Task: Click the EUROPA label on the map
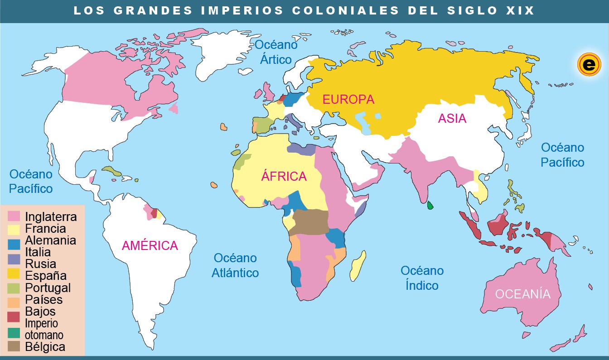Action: [348, 99]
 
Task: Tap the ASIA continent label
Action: [452, 118]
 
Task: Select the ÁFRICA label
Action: [284, 176]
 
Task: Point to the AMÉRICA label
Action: [150, 245]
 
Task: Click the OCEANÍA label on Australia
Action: [522, 294]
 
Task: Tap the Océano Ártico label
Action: [276, 52]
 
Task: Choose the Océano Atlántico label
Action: [235, 265]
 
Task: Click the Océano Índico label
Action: [422, 278]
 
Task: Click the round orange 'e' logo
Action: [588, 65]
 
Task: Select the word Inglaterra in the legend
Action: [51, 217]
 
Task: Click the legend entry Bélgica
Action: [45, 347]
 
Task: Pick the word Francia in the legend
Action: [45, 229]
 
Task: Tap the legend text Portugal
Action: [48, 288]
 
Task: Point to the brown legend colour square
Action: [14, 347]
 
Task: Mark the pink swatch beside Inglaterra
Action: [14, 216]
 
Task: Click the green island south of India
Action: [430, 206]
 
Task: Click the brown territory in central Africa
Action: [310, 222]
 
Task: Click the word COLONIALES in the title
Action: [346, 10]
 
